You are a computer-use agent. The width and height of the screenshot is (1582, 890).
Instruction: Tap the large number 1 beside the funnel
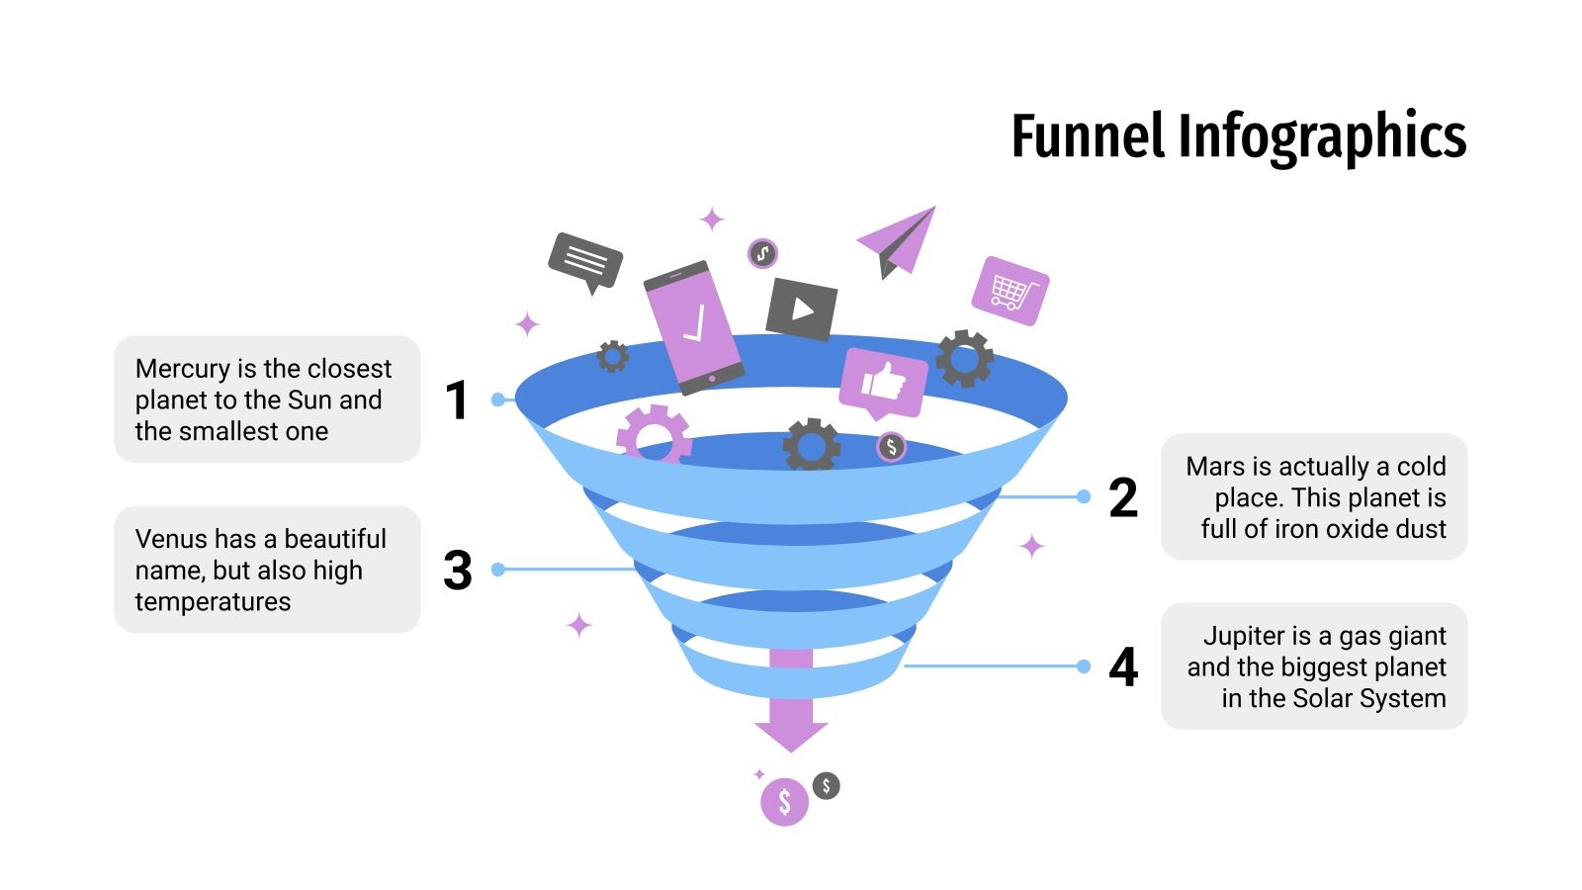[x=456, y=400]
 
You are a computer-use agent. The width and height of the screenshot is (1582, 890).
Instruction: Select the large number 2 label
[x=1123, y=497]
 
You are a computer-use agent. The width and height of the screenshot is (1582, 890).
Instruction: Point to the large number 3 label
[x=457, y=571]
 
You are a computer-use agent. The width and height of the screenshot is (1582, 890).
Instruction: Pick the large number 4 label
[x=1123, y=667]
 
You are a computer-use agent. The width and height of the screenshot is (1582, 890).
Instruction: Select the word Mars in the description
[x=1215, y=466]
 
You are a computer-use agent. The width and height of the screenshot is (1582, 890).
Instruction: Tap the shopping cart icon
[x=1010, y=291]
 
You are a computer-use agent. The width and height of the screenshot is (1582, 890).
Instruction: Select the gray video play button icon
[x=802, y=310]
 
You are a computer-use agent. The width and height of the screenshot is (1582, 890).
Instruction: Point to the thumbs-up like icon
[x=883, y=382]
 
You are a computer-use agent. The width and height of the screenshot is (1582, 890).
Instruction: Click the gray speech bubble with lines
[x=585, y=260]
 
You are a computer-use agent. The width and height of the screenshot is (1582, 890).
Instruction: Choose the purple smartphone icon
[x=693, y=326]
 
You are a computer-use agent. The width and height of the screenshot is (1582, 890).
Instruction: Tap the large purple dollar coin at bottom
[x=784, y=801]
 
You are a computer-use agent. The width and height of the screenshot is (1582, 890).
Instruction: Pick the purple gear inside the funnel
[x=653, y=435]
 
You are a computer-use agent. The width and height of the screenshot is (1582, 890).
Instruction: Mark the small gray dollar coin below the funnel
[x=827, y=786]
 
